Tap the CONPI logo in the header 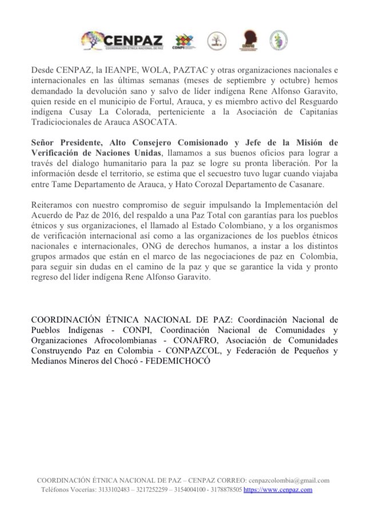tap(182, 41)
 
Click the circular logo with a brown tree tap(216, 40)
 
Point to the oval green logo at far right tap(278, 39)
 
